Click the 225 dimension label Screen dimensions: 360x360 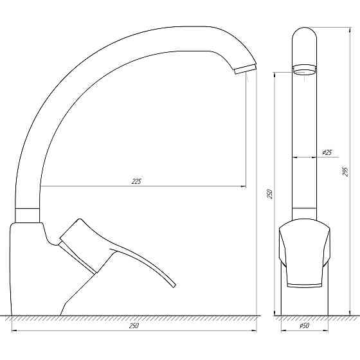[x=136, y=181]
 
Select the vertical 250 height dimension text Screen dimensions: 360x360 [x=270, y=194]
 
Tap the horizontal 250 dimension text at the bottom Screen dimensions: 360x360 [x=134, y=326]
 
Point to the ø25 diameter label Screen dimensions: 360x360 [x=327, y=152]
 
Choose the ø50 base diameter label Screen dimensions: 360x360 [x=305, y=326]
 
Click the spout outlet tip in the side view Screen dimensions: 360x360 [x=245, y=69]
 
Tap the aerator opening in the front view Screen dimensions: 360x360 [x=305, y=70]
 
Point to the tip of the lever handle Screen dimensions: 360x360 [x=174, y=285]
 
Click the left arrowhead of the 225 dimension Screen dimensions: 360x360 [x=42, y=186]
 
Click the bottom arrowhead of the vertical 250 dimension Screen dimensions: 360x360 [x=274, y=312]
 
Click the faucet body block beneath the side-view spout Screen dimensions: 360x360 [x=29, y=270]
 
